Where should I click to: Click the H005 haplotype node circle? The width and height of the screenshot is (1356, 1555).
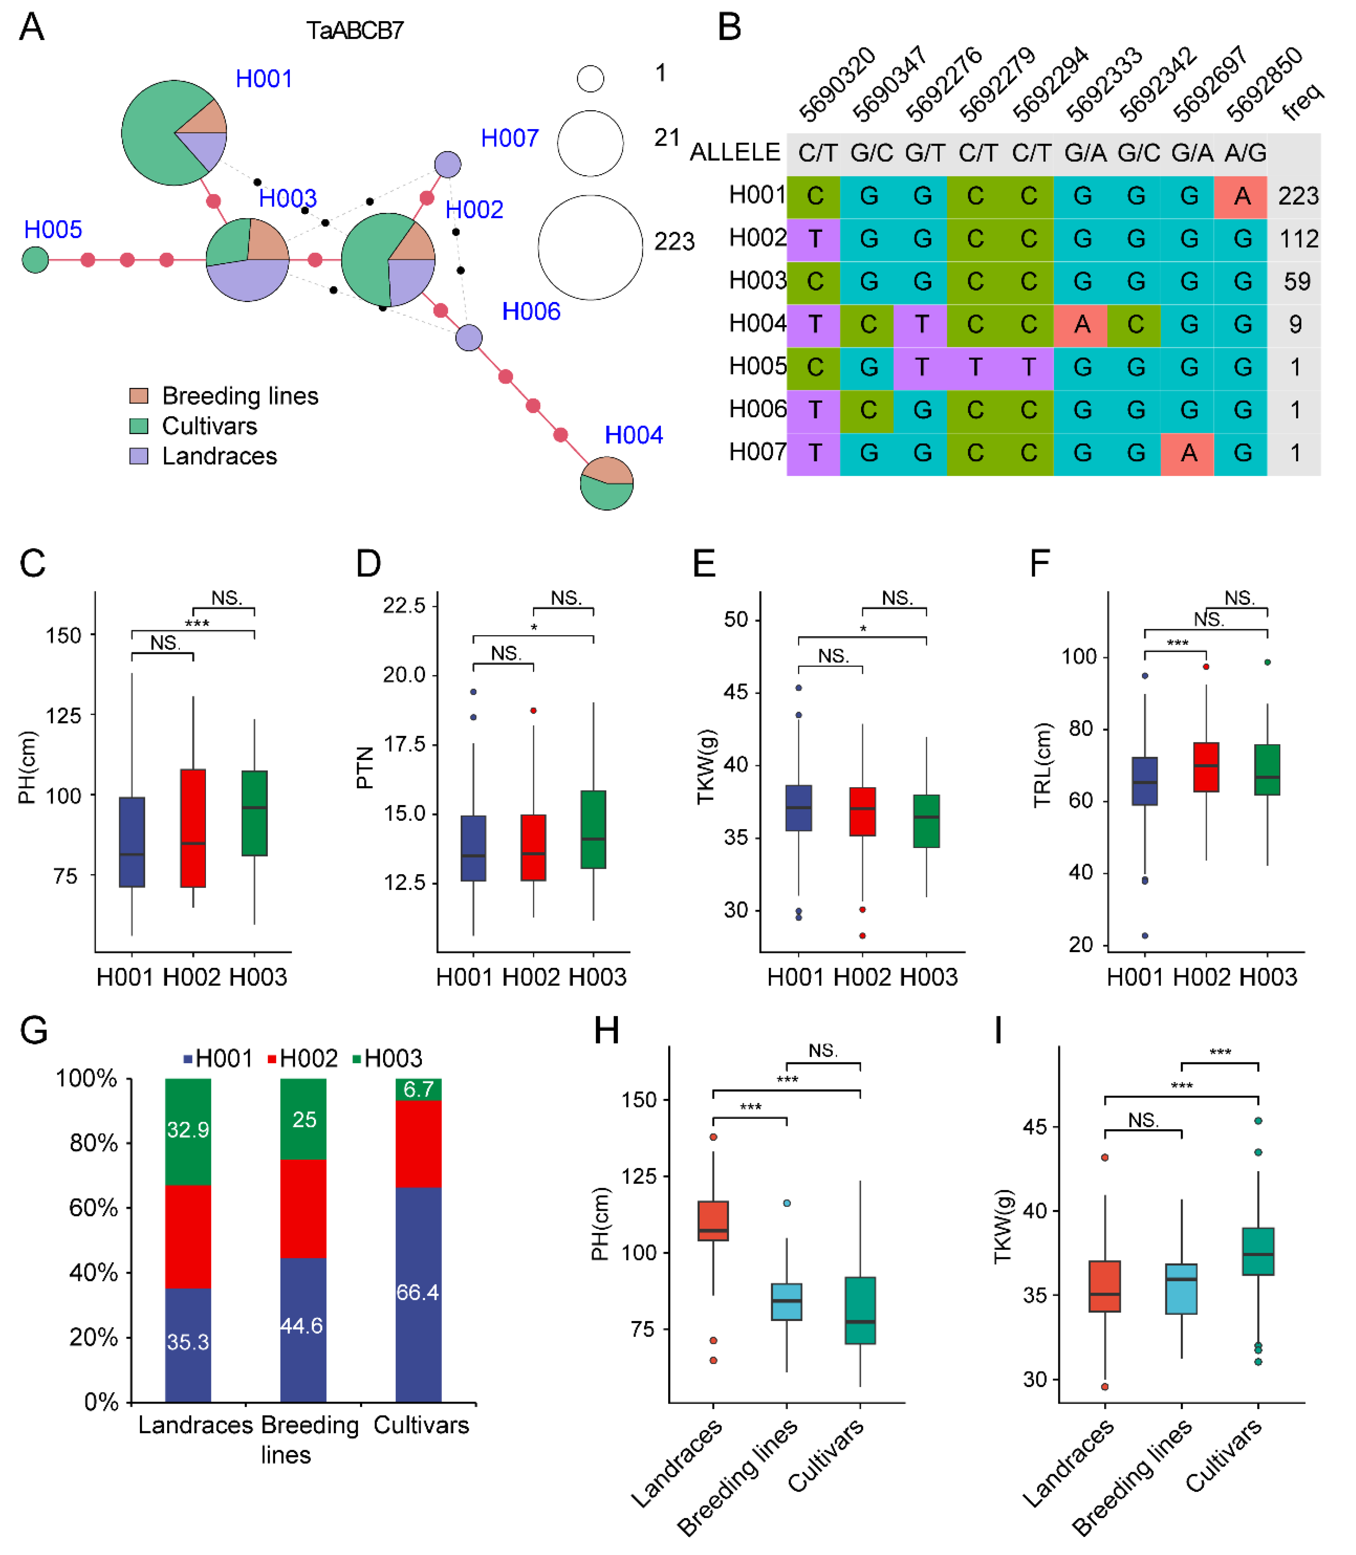click(x=35, y=260)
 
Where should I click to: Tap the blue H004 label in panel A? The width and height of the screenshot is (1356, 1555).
click(x=634, y=436)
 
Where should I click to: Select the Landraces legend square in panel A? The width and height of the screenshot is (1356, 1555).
click(x=138, y=456)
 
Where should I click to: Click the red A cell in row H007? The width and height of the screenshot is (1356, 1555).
click(x=1189, y=453)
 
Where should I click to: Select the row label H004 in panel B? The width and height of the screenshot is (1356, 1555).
click(x=757, y=324)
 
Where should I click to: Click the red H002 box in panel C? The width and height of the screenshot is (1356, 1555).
click(x=193, y=828)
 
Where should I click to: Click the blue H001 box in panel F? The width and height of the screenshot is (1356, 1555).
click(x=1145, y=782)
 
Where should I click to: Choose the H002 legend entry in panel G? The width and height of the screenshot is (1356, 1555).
click(x=303, y=1059)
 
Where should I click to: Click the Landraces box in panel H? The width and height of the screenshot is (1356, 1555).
click(x=713, y=1221)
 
